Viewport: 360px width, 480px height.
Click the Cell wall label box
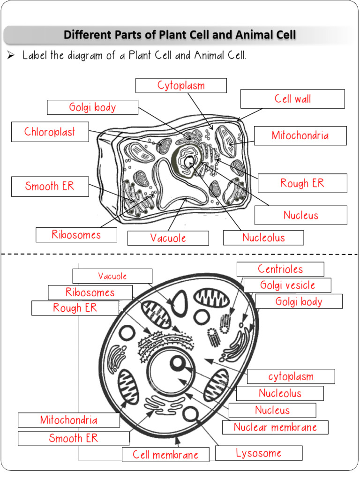click(292, 99)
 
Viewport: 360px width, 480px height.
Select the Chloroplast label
click(50, 132)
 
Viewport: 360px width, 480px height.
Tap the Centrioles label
click(280, 269)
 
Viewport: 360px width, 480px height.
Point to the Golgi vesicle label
click(287, 285)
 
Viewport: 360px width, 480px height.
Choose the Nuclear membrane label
click(275, 427)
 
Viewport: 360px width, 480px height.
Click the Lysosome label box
click(259, 453)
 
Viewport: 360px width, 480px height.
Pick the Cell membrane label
click(165, 454)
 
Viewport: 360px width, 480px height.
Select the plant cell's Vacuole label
click(168, 238)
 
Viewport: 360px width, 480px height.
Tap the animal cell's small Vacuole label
click(112, 276)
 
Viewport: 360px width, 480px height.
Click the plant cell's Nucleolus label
click(263, 238)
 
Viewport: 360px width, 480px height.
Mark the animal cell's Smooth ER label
click(74, 438)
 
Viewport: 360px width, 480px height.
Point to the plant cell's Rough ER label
click(302, 183)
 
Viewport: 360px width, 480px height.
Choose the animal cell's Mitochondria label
click(69, 420)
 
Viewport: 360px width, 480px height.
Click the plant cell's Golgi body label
click(92, 107)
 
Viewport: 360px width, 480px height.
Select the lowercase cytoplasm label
click(291, 376)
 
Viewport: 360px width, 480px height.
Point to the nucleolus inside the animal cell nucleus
click(179, 363)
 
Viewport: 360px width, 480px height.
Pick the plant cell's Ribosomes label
click(76, 234)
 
